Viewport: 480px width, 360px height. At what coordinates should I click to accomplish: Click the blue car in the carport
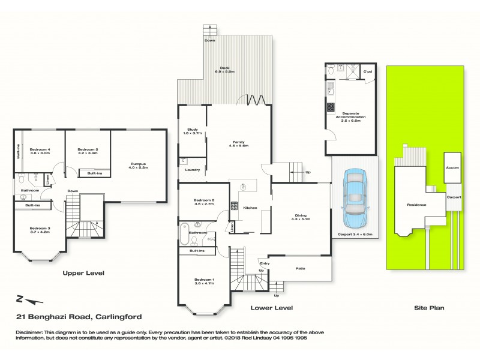click(355, 195)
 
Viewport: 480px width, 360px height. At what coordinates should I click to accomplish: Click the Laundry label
click(193, 170)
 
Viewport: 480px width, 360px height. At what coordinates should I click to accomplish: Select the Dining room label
click(301, 217)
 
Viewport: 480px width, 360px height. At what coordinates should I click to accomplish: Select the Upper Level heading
click(83, 273)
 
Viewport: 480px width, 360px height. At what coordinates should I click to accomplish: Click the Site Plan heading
click(429, 308)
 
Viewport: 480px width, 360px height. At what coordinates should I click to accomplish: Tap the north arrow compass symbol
click(28, 299)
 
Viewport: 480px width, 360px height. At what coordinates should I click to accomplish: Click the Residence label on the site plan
click(416, 205)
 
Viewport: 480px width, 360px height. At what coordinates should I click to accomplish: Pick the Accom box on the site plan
click(452, 167)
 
